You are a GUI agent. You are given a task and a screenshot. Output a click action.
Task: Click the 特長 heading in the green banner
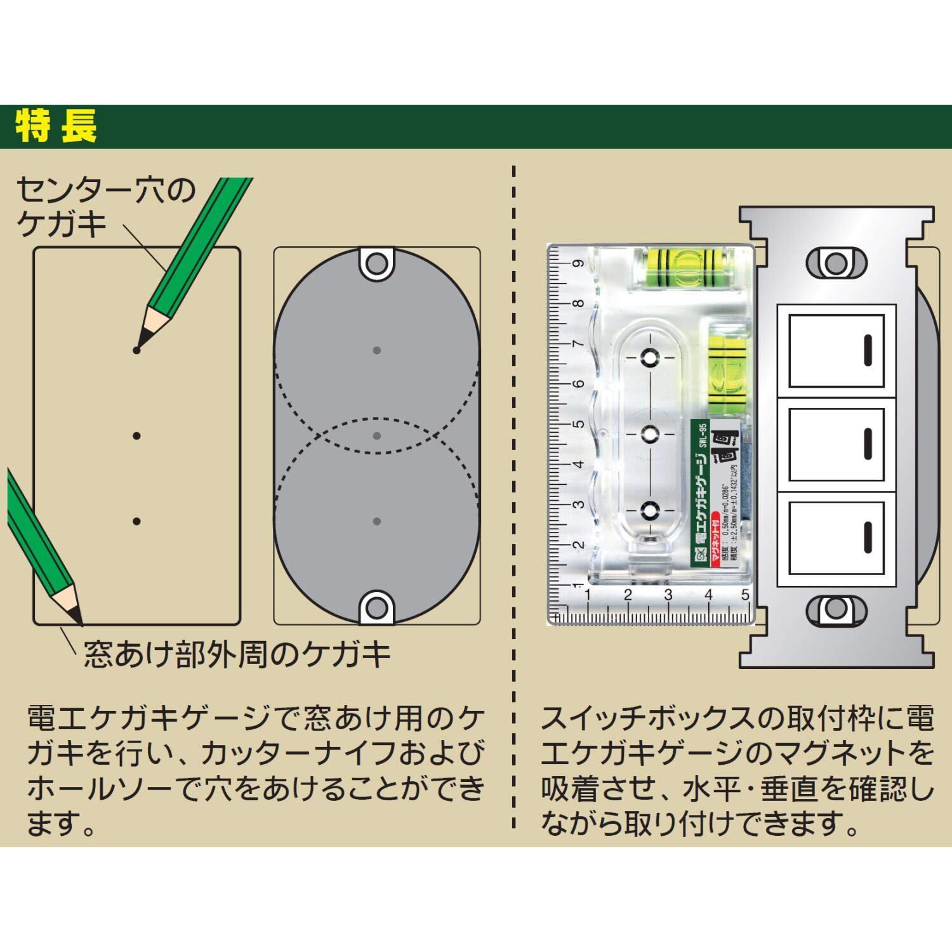(x=56, y=126)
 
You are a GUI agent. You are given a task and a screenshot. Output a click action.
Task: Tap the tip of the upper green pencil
(x=137, y=349)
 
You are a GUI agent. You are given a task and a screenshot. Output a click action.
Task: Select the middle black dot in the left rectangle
(x=136, y=436)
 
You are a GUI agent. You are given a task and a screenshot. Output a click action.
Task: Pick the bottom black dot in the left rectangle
(x=136, y=521)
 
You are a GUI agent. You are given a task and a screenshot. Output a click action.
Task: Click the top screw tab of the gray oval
(x=377, y=262)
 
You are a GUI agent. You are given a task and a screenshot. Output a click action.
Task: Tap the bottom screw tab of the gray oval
(x=377, y=608)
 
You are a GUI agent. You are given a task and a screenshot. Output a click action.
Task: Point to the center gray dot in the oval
(x=377, y=436)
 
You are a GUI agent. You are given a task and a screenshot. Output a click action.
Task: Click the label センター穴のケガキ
(x=105, y=208)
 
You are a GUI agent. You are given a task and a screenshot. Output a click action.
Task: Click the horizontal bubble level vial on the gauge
(x=686, y=267)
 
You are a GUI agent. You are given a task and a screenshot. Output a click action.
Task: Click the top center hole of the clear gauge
(x=650, y=357)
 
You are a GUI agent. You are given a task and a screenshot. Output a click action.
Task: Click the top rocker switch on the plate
(x=836, y=350)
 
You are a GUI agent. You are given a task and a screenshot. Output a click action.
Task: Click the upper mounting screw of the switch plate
(x=836, y=263)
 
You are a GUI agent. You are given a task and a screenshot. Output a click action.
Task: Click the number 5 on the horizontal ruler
(x=745, y=595)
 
